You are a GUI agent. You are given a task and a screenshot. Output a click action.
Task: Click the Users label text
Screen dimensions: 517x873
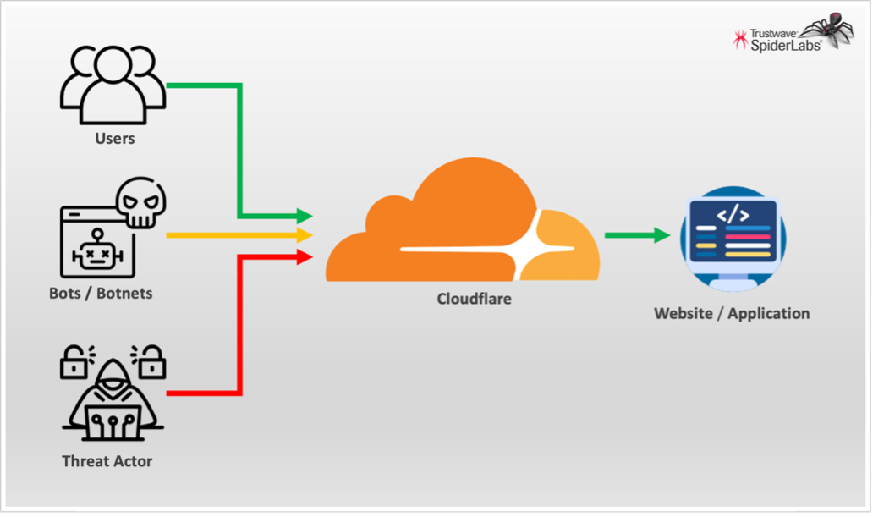tap(114, 138)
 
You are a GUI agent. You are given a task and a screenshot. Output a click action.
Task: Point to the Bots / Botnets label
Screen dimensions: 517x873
tap(101, 294)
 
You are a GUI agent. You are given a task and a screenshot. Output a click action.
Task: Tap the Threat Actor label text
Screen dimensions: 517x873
tap(107, 462)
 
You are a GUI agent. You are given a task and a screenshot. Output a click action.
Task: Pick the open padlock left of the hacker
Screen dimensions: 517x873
tap(74, 362)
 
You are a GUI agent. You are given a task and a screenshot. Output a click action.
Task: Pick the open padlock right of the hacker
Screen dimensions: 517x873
tap(153, 362)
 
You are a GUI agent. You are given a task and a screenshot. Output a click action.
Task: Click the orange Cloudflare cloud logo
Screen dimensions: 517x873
tap(462, 226)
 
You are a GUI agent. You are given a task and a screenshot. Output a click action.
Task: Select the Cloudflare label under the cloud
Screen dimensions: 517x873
tap(474, 299)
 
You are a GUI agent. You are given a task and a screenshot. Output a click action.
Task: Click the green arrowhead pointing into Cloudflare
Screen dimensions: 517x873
tap(304, 217)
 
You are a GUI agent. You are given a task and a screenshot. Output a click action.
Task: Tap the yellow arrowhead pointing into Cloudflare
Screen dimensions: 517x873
tap(304, 235)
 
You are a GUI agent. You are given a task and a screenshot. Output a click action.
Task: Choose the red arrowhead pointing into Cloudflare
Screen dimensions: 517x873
tap(304, 254)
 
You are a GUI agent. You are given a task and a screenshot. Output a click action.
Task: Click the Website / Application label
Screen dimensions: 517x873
tap(732, 314)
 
